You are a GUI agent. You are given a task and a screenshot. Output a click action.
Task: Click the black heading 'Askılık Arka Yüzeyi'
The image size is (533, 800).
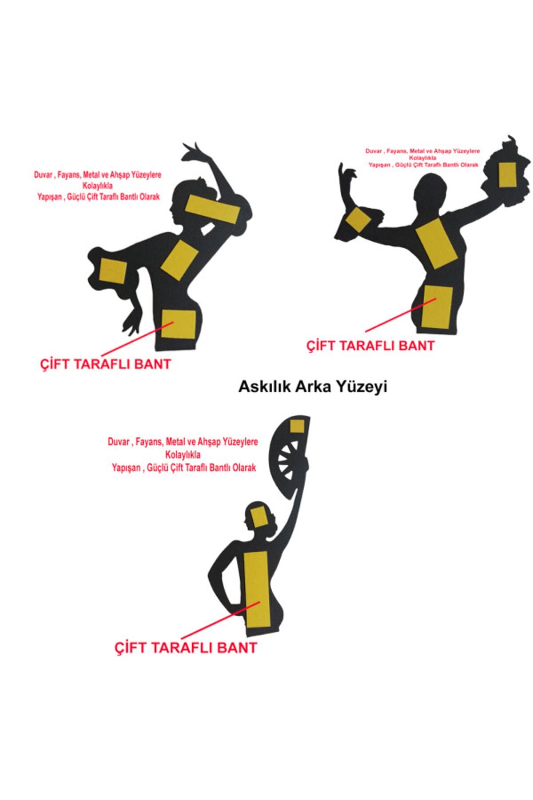313,387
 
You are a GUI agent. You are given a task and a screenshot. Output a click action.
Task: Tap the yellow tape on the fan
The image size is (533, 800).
297,426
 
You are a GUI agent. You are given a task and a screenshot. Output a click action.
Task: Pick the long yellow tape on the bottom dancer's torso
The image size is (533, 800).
256,588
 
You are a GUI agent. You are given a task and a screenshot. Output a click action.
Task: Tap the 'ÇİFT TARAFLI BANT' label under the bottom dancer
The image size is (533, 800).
186,647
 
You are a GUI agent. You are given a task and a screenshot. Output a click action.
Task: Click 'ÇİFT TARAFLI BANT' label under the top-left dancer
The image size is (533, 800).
105,364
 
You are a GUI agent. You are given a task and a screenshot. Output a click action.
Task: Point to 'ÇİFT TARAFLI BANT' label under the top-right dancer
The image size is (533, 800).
370,345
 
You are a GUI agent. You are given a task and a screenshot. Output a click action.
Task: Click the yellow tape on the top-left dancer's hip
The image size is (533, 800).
178,324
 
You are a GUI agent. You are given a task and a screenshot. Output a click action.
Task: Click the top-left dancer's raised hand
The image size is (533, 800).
195,152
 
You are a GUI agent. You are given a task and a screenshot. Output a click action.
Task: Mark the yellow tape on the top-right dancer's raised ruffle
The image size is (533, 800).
507,175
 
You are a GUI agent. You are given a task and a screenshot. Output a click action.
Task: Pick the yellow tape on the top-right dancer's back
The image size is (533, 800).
436,244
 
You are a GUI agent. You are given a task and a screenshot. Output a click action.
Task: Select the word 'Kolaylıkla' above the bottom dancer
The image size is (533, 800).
183,455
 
